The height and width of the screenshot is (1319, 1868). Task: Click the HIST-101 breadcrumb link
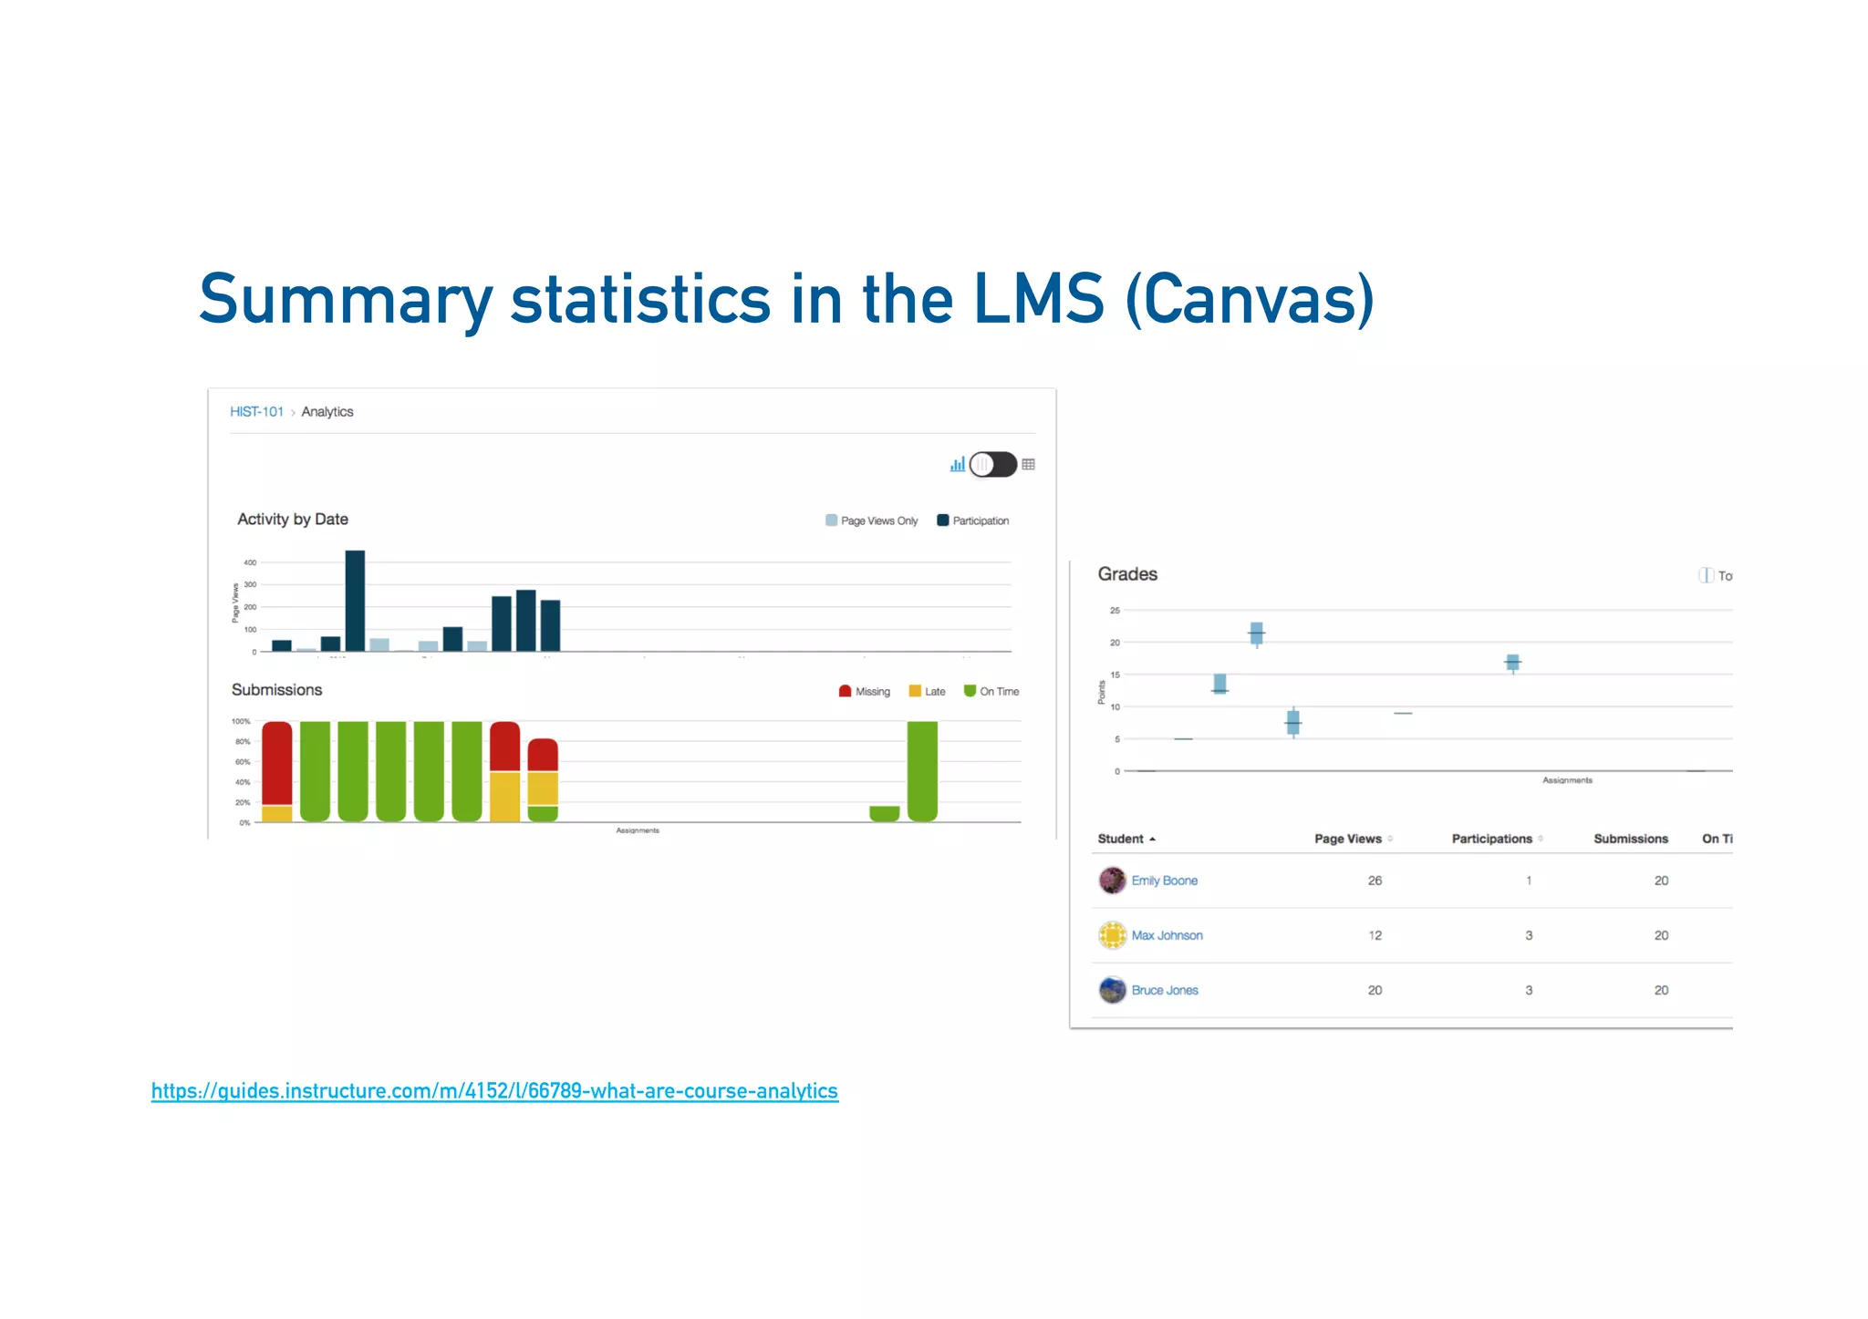[256, 412]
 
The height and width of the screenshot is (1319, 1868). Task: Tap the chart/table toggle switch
[992, 465]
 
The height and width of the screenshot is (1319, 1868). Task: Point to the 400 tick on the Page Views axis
[250, 562]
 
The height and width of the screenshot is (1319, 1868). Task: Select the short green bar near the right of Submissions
[884, 813]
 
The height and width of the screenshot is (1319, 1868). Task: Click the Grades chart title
[1127, 574]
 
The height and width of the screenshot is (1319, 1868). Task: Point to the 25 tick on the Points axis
[1115, 611]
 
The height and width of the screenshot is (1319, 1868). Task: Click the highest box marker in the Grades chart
[1256, 633]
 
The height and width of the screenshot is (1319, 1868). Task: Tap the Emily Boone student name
[1164, 881]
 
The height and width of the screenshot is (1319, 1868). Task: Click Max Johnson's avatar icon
[1112, 935]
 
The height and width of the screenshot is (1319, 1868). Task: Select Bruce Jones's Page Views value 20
[1375, 990]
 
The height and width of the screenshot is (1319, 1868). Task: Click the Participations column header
[1491, 839]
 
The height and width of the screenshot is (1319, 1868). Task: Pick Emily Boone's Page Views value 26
[1375, 881]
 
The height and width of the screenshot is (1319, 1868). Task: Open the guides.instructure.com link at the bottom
[494, 1091]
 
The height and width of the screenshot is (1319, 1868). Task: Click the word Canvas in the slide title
[1249, 300]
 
